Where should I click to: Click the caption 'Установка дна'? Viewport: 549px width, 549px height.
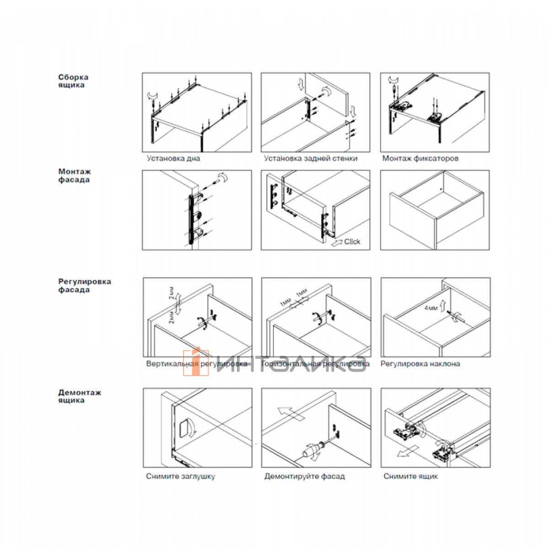173,159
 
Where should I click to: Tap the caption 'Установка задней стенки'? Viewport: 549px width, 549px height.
311,159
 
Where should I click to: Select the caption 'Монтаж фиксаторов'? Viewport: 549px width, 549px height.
420,159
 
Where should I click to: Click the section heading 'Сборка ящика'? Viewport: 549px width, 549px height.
73,81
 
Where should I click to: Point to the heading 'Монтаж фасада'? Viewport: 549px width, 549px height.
74,176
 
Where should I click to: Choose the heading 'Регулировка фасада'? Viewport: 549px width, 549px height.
85,285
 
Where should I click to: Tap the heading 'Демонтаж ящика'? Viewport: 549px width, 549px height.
80,396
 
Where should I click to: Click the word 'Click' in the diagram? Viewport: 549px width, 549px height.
352,242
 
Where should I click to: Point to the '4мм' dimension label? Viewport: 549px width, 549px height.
431,308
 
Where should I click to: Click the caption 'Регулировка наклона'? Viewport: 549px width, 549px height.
420,364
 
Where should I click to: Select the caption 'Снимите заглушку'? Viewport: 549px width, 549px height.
180,476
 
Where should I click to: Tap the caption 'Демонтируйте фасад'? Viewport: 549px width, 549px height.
304,476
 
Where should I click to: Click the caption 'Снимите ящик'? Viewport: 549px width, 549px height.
410,476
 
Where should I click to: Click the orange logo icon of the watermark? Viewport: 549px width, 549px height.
196,363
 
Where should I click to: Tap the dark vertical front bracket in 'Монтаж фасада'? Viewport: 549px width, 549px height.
191,220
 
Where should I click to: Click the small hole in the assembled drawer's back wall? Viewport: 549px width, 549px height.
440,188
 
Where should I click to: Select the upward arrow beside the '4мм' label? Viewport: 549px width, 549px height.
443,304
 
